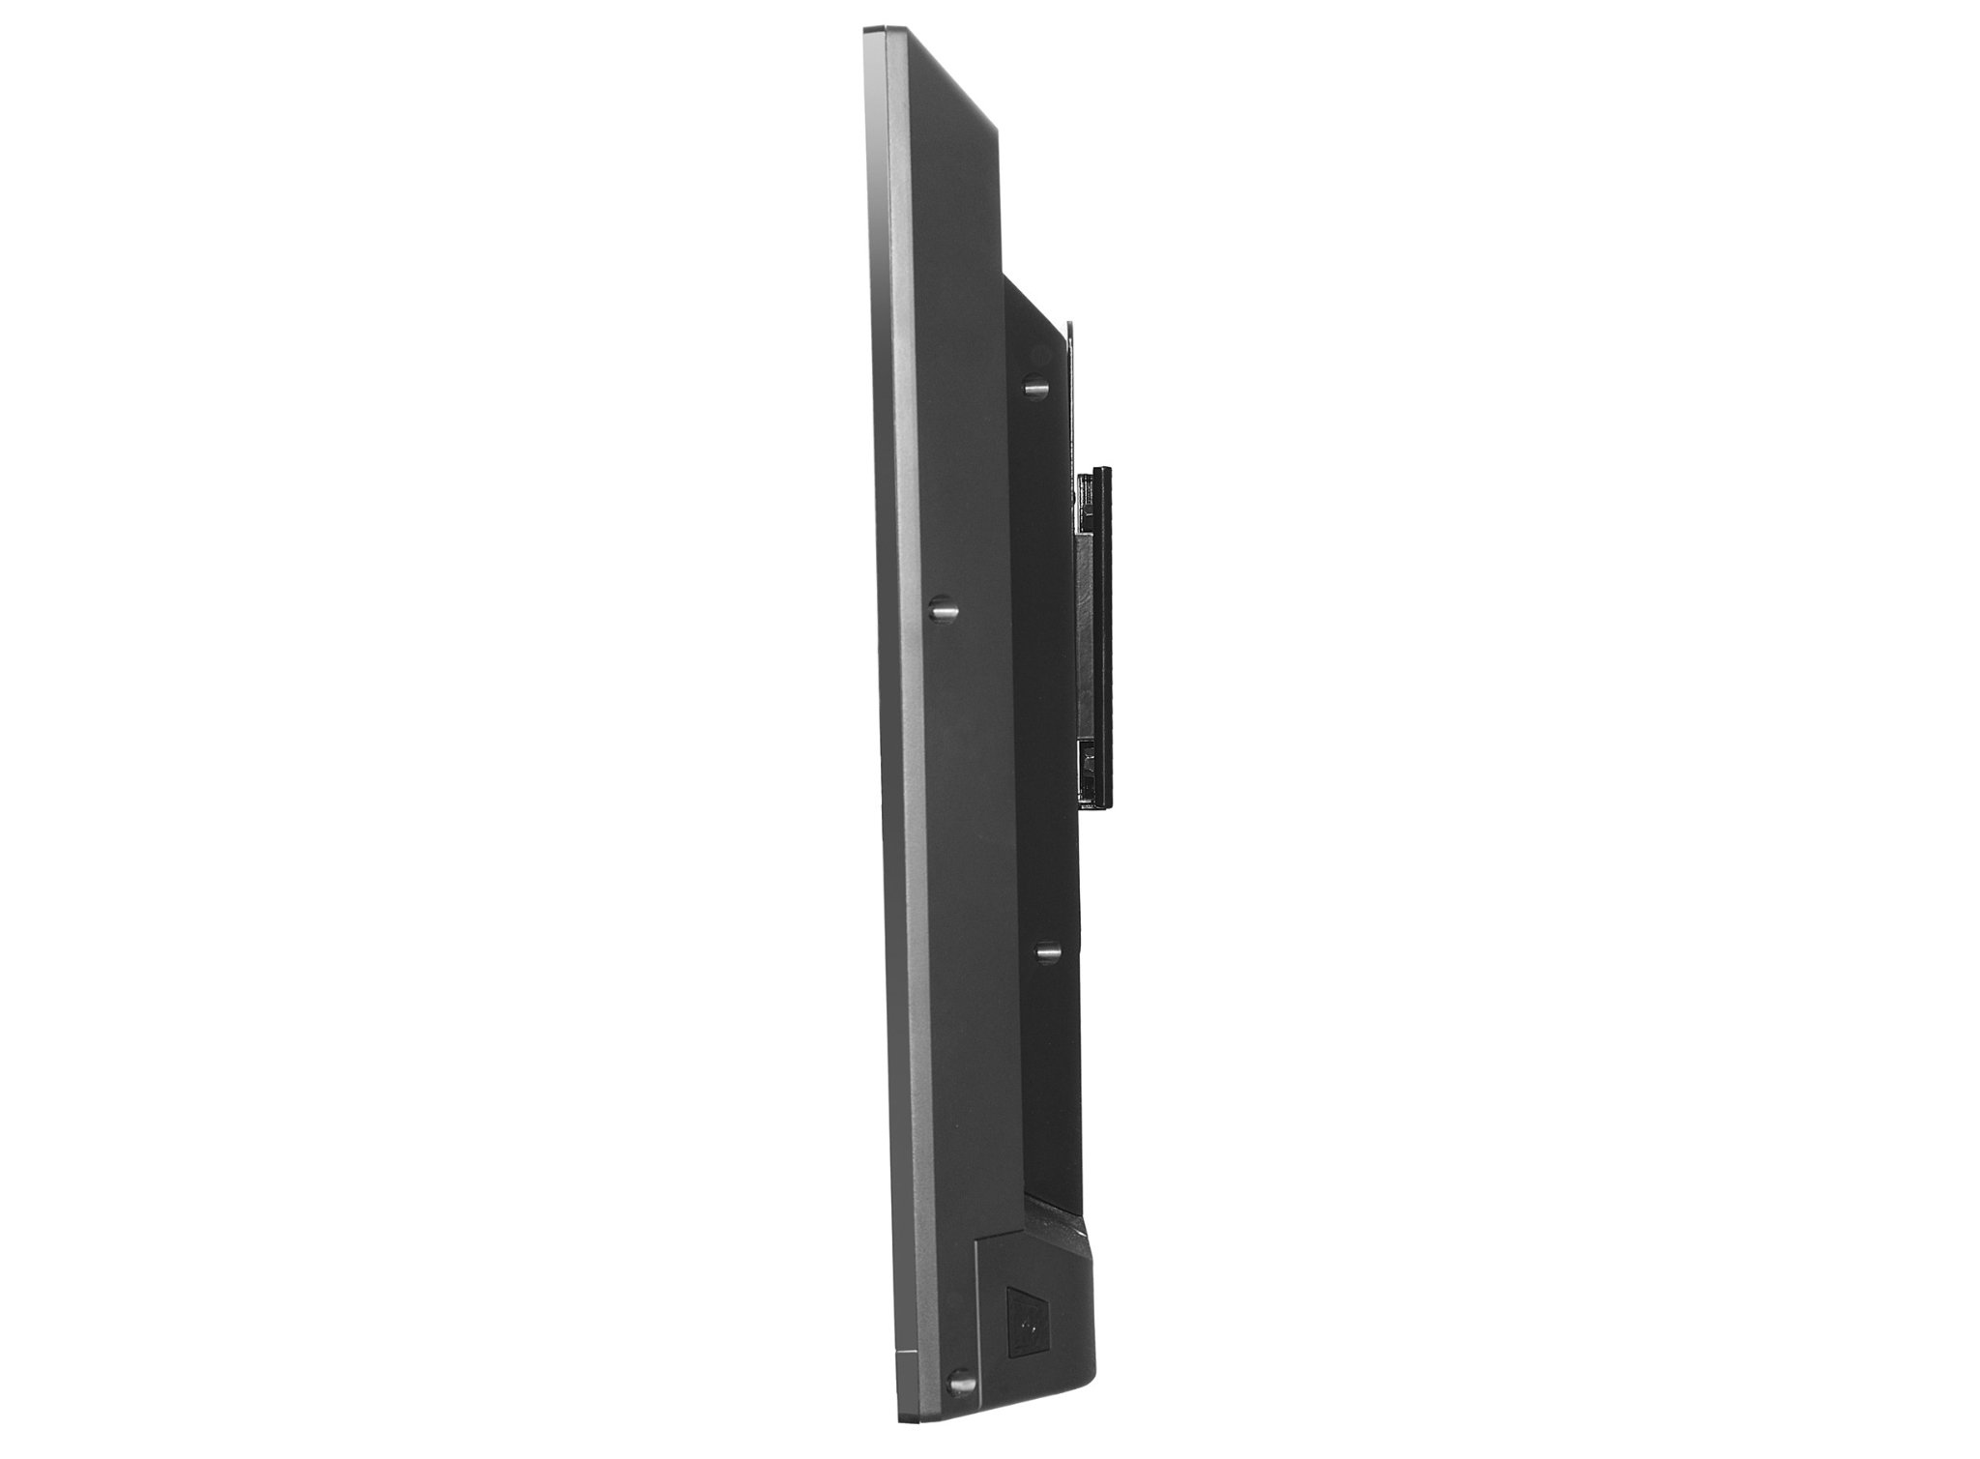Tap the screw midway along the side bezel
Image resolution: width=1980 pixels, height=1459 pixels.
point(941,609)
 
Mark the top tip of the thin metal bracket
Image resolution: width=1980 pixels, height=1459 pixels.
point(1070,325)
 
